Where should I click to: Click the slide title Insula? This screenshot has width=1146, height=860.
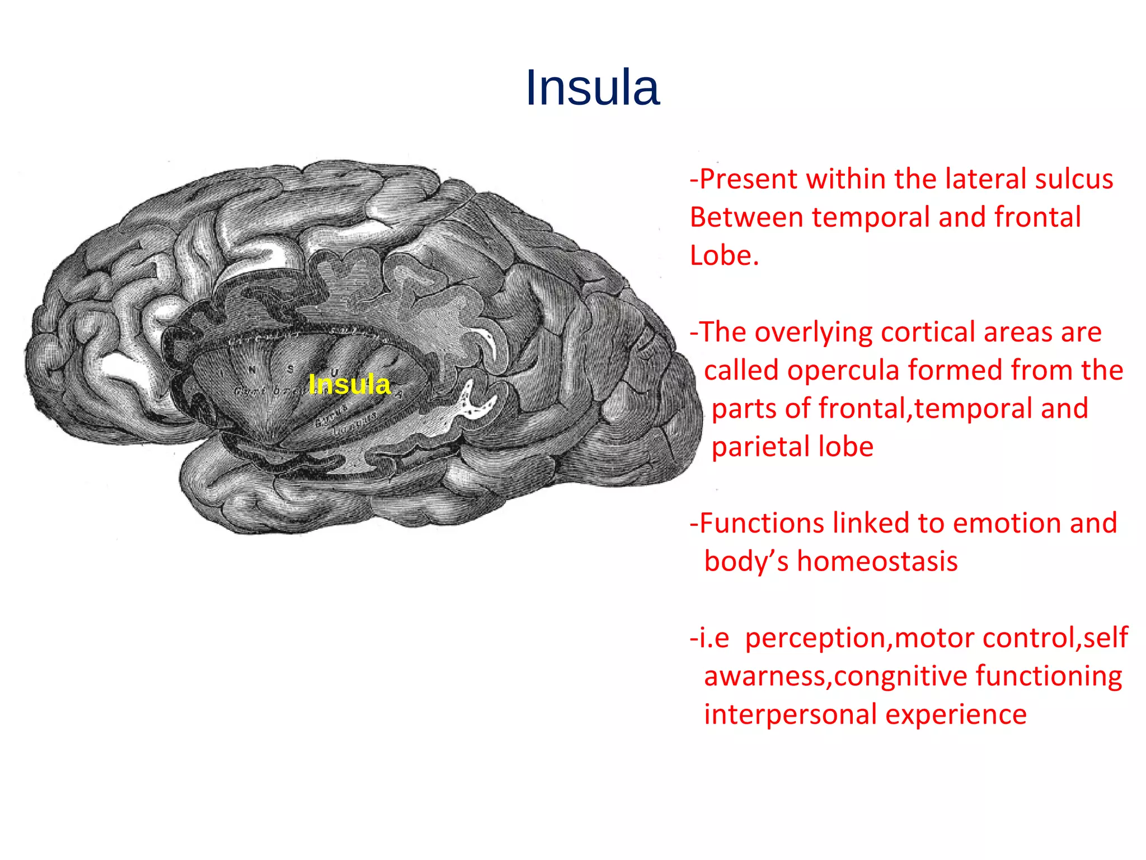(x=593, y=88)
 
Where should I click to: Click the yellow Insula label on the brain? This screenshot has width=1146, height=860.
(x=349, y=385)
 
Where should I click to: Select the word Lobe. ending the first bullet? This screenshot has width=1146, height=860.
(x=724, y=256)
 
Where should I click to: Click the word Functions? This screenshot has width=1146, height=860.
(x=761, y=524)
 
